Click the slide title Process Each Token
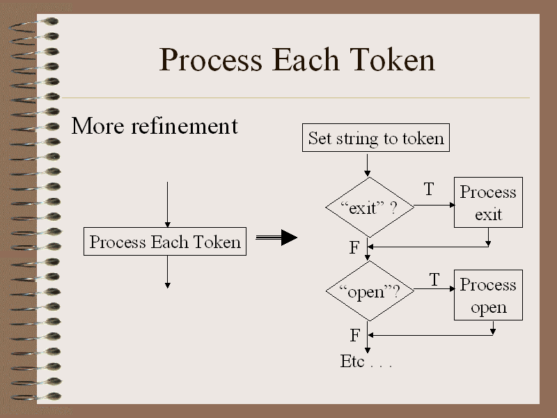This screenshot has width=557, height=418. point(297,60)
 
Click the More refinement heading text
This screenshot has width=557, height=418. point(155,126)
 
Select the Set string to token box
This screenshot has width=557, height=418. point(375,138)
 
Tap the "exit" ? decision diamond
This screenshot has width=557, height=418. point(370,208)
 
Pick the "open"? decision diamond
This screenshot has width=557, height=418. point(370,291)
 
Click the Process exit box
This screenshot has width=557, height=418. point(488,202)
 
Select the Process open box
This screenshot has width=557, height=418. point(488,295)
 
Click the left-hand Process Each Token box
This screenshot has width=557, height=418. point(165,242)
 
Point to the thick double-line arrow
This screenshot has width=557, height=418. point(276,238)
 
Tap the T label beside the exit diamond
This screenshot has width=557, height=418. point(429,189)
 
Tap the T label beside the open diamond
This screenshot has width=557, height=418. point(434,280)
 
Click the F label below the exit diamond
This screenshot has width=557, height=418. point(354,248)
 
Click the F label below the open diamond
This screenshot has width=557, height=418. point(354,336)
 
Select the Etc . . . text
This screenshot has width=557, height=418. point(366,362)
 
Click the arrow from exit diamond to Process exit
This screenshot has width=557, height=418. point(433,207)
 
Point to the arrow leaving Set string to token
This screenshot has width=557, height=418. point(368,164)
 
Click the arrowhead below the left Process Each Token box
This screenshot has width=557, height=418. point(167,284)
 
